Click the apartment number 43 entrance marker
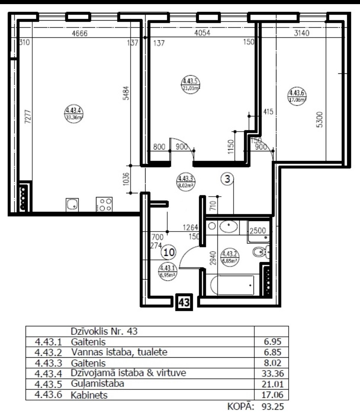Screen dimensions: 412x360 (x=184, y=302)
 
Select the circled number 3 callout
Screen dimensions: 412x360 (x=226, y=179)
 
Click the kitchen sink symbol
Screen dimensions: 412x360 (x=72, y=205)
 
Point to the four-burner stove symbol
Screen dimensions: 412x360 (x=104, y=205)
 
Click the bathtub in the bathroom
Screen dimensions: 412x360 (x=232, y=285)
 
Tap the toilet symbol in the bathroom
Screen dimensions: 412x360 (x=260, y=252)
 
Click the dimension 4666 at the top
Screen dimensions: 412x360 (x=79, y=33)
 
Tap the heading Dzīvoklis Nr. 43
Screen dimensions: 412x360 (x=104, y=331)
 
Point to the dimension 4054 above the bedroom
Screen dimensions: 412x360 (x=202, y=33)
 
